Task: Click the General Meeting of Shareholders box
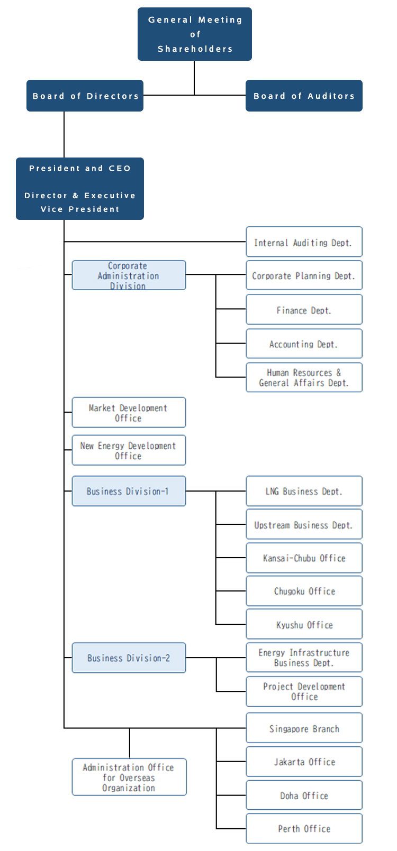194,34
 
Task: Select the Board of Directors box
85,96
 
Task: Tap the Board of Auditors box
304,96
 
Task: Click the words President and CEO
80,169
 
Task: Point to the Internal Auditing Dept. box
304,243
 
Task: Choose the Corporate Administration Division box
129,275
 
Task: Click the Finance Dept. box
304,310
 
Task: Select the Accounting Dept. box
304,344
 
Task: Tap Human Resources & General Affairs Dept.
304,377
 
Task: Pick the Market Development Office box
129,413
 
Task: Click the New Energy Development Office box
129,450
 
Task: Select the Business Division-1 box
129,491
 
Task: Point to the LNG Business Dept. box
304,492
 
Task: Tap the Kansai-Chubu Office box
304,558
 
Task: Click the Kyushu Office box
304,625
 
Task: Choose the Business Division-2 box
129,658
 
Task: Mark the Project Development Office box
304,691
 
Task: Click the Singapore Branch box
304,728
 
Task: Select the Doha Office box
304,795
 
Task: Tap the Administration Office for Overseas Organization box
129,777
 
